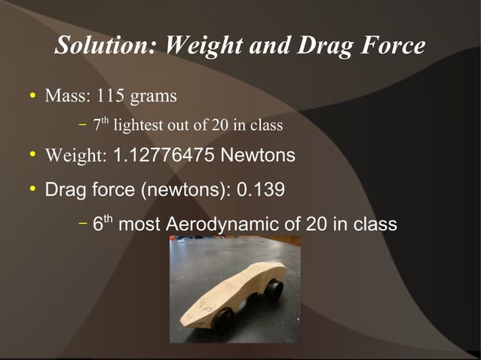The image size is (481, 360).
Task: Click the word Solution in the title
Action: click(106, 47)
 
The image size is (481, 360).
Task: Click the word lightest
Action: click(137, 125)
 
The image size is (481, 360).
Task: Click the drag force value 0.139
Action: click(261, 188)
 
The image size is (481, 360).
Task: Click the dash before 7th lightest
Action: click(82, 125)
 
